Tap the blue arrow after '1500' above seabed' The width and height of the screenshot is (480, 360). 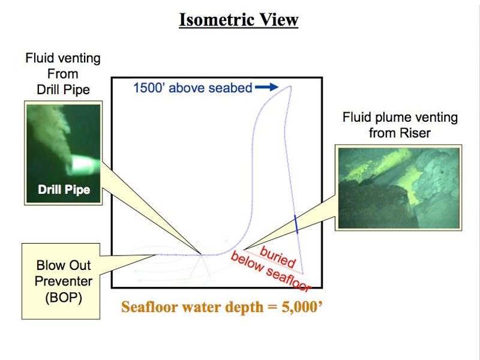(266, 88)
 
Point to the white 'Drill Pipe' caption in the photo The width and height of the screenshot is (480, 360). (64, 190)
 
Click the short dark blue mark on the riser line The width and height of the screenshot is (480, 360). (296, 223)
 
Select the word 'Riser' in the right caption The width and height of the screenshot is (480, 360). (416, 133)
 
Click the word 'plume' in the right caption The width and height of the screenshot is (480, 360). (392, 118)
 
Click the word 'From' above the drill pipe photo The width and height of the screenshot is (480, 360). (63, 74)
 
